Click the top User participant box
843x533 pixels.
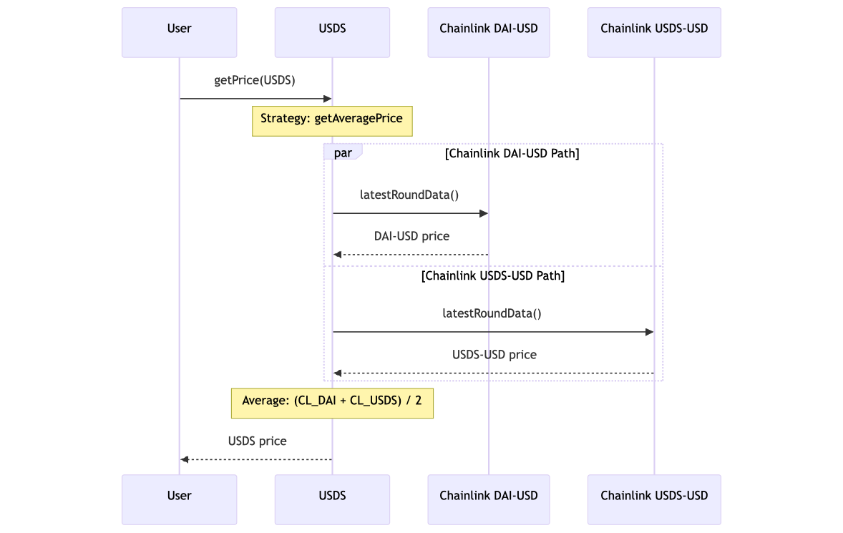tap(179, 32)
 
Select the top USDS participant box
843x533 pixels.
tap(332, 32)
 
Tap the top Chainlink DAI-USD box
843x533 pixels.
tap(489, 32)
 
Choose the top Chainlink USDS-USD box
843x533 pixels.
tap(654, 32)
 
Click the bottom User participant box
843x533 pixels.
tap(179, 499)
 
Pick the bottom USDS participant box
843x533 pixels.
tap(332, 499)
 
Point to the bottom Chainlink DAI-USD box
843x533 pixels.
tap(489, 499)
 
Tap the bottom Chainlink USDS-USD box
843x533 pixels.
tap(654, 499)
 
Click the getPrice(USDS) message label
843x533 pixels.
tap(255, 80)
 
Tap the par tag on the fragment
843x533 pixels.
tap(343, 153)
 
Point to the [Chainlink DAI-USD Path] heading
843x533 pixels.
tap(512, 154)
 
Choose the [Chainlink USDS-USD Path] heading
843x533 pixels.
tap(493, 276)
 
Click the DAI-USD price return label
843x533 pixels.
tap(411, 236)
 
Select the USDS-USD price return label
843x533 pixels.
tap(494, 355)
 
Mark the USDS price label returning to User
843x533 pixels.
tap(257, 441)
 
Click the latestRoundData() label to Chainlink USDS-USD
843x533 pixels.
tap(492, 313)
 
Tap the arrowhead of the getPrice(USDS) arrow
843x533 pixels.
tap(328, 99)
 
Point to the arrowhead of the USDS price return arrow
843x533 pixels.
tap(185, 459)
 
